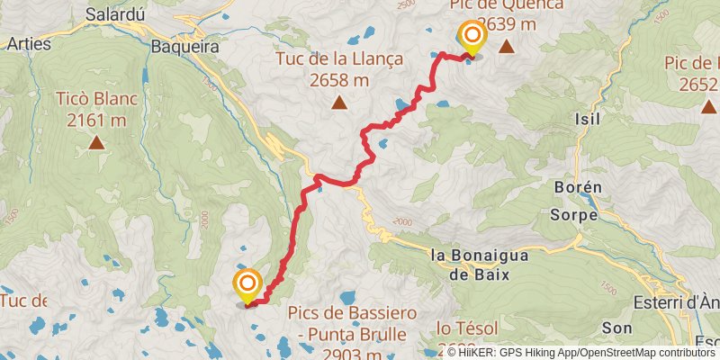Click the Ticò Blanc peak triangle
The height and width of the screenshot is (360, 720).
click(x=95, y=142)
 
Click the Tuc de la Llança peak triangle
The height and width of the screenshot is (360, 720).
click(x=339, y=102)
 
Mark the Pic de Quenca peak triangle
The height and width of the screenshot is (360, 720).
click(x=507, y=46)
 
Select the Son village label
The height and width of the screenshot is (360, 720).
click(x=616, y=328)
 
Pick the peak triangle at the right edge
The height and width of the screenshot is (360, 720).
click(x=706, y=106)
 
